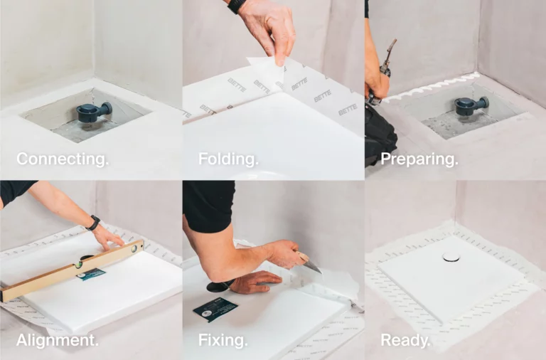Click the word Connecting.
pyautogui.click(x=63, y=159)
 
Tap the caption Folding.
pyautogui.click(x=228, y=159)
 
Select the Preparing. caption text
pyautogui.click(x=419, y=159)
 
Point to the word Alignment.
pyautogui.click(x=58, y=340)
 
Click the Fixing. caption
pyautogui.click(x=223, y=340)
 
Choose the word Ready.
pyautogui.click(x=405, y=341)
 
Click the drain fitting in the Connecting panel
pyautogui.click(x=94, y=112)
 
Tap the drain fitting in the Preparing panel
pyautogui.click(x=471, y=105)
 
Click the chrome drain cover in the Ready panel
pyautogui.click(x=451, y=257)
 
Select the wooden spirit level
pyautogui.click(x=71, y=270)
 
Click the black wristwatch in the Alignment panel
pyautogui.click(x=93, y=223)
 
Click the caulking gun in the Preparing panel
pyautogui.click(x=382, y=73)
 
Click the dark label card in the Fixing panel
pyautogui.click(x=215, y=309)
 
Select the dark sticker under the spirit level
pyautogui.click(x=91, y=275)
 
